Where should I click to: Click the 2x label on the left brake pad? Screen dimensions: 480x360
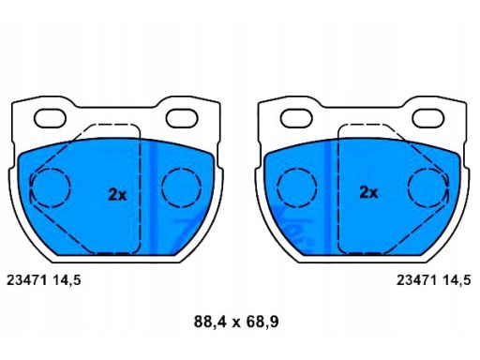click(x=117, y=195)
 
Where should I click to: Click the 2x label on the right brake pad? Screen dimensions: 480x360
click(x=368, y=192)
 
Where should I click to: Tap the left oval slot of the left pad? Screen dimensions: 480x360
click(x=50, y=119)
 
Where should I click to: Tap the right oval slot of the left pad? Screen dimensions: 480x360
click(x=182, y=118)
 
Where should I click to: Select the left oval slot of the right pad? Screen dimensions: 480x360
click(x=296, y=118)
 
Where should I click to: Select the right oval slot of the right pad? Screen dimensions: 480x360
click(x=428, y=118)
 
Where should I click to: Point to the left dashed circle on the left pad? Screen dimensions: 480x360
click(x=51, y=187)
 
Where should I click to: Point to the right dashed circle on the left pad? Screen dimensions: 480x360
click(x=182, y=187)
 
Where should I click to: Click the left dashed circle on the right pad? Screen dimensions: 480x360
click(x=297, y=187)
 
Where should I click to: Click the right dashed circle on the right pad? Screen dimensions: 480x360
click(x=427, y=187)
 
